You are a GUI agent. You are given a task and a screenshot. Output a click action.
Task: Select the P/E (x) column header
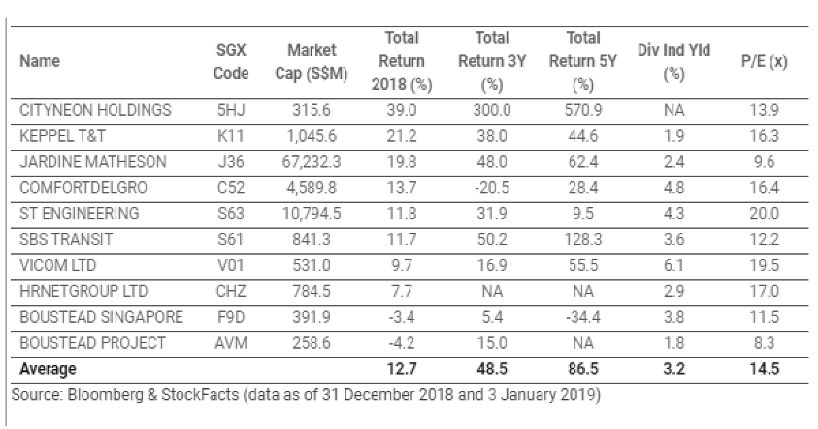point(764,62)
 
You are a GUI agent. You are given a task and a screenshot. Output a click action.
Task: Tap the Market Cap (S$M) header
point(312,61)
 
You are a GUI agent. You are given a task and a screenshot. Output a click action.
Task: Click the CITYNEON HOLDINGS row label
point(95,110)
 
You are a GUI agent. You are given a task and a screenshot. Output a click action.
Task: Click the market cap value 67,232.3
point(312,162)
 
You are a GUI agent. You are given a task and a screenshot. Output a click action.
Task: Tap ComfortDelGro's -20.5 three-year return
point(491,188)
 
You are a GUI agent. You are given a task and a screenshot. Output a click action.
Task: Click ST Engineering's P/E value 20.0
point(764,214)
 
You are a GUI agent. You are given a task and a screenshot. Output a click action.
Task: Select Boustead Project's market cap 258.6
point(312,343)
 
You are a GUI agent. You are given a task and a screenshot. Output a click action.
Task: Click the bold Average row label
point(48,369)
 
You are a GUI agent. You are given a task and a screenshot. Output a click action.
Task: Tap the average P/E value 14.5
point(764,369)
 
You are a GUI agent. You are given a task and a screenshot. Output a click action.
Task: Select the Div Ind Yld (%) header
point(673,61)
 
